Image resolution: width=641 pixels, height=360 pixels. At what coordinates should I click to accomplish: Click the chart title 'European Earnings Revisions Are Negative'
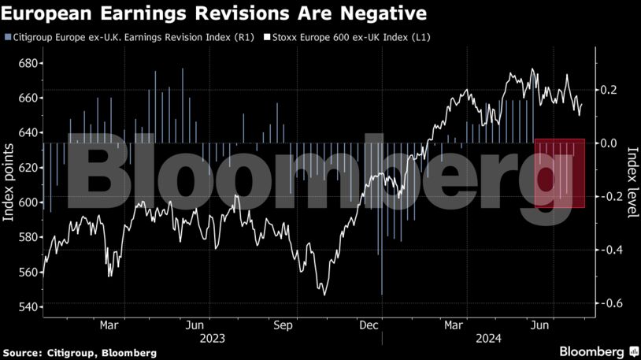click(215, 13)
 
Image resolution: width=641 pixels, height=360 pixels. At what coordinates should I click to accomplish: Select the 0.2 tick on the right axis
click(610, 90)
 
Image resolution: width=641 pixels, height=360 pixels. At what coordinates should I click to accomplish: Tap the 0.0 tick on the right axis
click(610, 143)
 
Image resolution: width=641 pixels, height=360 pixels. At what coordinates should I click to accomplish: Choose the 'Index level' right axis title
click(632, 184)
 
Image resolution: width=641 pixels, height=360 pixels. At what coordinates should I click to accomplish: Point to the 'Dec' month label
click(369, 325)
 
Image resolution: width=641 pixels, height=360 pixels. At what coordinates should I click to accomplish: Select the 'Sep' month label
click(283, 325)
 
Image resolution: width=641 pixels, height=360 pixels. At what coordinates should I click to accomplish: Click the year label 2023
click(212, 339)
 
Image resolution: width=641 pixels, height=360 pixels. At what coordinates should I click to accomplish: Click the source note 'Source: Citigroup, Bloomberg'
click(79, 352)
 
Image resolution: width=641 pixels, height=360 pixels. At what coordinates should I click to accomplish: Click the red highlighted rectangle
click(560, 173)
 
